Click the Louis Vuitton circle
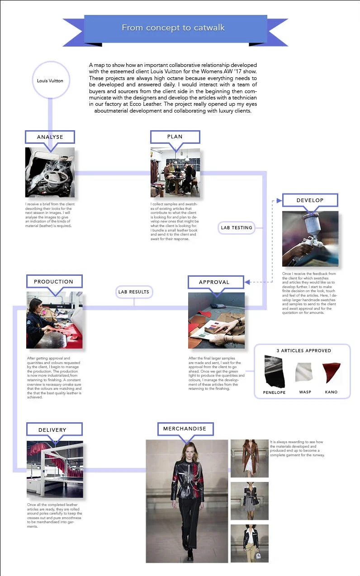point(50,81)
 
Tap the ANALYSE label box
point(50,137)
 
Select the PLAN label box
point(175,137)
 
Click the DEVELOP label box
point(310,200)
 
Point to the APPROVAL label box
point(214,282)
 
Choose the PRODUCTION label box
point(53,281)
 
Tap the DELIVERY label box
point(52,430)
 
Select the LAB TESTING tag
point(236,228)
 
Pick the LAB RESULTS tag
point(134,292)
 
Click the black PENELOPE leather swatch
point(274,371)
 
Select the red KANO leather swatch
point(331,372)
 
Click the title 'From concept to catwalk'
point(173,28)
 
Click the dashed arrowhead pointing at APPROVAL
point(247,283)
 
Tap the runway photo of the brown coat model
point(250,458)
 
